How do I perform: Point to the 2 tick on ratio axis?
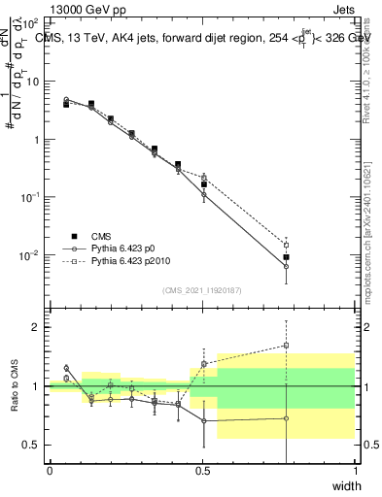[x=35, y=327]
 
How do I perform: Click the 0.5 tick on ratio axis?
[x=31, y=445]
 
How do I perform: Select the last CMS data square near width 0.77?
[x=286, y=257]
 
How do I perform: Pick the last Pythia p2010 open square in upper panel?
[x=286, y=245]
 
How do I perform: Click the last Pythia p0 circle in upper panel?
[x=286, y=266]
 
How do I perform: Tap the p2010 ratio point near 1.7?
[x=286, y=345]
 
